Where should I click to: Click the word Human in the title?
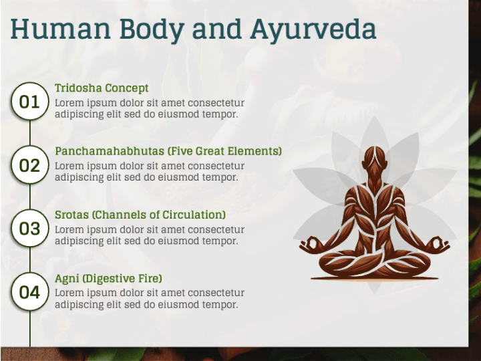coord(60,29)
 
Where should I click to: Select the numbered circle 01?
coord(30,102)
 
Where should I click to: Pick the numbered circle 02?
coord(30,165)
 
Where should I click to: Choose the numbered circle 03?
coord(30,229)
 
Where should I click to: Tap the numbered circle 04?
coord(30,292)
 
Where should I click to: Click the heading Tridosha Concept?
coord(102,88)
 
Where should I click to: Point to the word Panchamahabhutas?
coord(110,151)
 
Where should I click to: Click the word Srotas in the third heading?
coord(71,215)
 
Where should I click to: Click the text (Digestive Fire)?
coord(122,278)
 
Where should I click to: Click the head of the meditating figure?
coord(374,158)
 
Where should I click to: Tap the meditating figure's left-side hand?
coord(310,245)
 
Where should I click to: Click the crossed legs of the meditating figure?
coord(375,264)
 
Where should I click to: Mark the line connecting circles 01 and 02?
coord(30,133)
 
